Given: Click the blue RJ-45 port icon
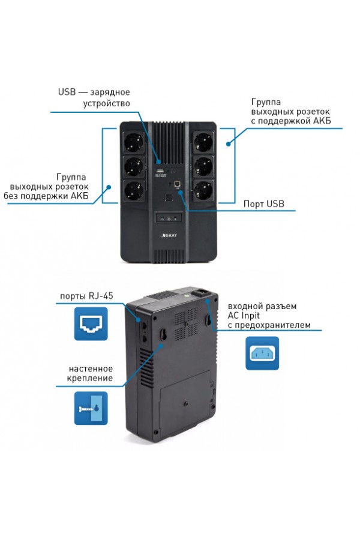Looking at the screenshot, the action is (91, 324).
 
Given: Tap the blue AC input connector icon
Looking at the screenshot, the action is (262, 353).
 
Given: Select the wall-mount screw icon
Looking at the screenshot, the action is (91, 408).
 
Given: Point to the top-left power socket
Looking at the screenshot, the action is (133, 142).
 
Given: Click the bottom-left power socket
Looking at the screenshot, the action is (133, 191).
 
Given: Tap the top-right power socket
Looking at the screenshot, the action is (203, 142).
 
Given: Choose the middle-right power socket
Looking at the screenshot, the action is (203, 167).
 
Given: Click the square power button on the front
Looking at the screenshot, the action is (168, 198).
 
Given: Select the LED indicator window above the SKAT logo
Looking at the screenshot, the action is (169, 218).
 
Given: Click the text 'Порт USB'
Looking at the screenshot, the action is (264, 204).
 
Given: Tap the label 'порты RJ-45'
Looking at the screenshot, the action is (86, 296).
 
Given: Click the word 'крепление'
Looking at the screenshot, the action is (90, 378).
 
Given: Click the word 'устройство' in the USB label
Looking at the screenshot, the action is (107, 103).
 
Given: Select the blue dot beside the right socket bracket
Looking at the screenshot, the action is (229, 144).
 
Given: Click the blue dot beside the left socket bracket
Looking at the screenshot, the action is (109, 187).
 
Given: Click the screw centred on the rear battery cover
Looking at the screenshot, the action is (186, 403).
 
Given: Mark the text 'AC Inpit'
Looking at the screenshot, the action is (244, 316).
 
